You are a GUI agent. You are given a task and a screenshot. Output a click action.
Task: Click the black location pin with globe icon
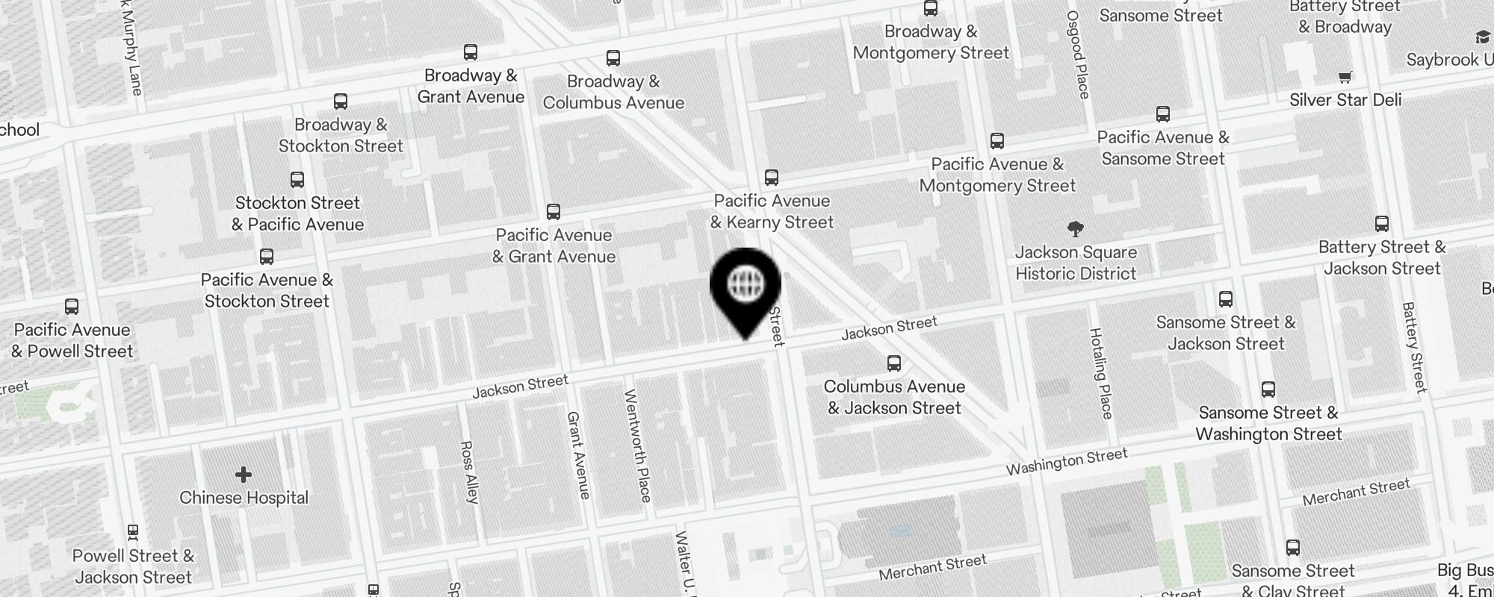click(745, 287)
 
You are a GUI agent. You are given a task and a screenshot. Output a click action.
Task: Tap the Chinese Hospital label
click(244, 498)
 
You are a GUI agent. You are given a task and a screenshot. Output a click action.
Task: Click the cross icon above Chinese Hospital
click(244, 475)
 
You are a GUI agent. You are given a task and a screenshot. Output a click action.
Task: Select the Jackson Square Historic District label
click(1076, 263)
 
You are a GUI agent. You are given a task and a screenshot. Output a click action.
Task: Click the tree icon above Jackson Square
click(1076, 228)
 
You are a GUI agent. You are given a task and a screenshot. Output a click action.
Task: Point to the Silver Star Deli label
click(1345, 100)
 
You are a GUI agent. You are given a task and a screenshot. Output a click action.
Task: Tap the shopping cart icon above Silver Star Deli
click(1345, 76)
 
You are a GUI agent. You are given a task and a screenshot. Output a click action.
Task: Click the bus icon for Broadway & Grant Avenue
click(471, 52)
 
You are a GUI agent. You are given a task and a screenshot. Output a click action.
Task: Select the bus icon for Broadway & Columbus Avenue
click(613, 58)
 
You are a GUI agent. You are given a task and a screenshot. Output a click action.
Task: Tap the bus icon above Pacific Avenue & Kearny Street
click(772, 178)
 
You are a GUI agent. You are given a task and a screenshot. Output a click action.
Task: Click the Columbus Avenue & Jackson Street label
click(894, 397)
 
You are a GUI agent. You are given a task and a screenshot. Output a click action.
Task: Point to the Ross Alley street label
click(469, 472)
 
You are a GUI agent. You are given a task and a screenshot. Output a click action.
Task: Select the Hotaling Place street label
click(1101, 373)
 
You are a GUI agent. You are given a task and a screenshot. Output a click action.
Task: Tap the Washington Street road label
click(1066, 462)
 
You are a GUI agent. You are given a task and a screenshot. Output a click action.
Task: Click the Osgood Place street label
click(1078, 54)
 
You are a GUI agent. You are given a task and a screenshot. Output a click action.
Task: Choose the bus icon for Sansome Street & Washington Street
click(1268, 390)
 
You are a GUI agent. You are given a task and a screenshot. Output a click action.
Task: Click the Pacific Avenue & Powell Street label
click(72, 340)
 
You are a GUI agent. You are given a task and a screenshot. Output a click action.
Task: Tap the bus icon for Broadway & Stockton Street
click(341, 101)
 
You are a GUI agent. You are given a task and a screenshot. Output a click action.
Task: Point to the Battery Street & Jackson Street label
click(1382, 257)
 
